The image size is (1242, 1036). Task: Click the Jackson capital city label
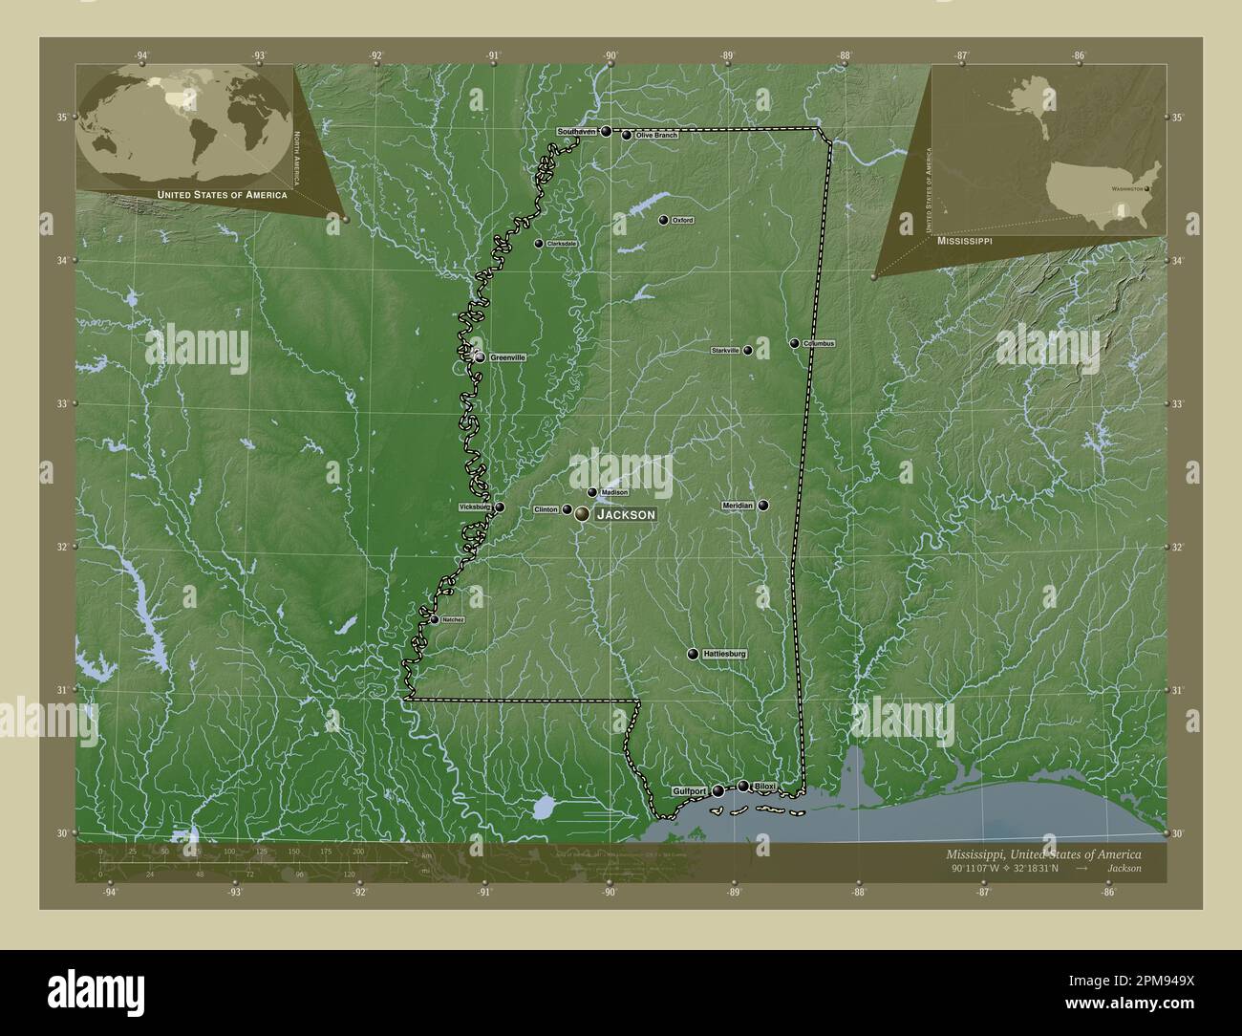click(x=626, y=514)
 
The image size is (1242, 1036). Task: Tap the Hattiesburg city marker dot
click(x=693, y=654)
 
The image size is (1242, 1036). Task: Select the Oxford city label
click(x=682, y=220)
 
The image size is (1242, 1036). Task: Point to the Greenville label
click(x=507, y=356)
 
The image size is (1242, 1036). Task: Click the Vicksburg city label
click(x=474, y=507)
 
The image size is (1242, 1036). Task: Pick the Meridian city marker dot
click(x=763, y=505)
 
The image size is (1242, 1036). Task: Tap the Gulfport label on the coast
click(x=689, y=791)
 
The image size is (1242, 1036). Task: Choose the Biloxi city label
click(x=765, y=787)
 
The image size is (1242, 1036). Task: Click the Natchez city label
click(x=453, y=619)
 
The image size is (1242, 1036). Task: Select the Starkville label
click(x=725, y=351)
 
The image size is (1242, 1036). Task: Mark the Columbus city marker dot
click(x=794, y=343)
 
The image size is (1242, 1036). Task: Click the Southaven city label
click(x=577, y=131)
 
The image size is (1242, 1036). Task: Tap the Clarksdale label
click(x=561, y=244)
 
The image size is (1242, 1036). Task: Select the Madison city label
click(x=614, y=492)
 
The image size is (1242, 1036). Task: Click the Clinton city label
click(x=546, y=509)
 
